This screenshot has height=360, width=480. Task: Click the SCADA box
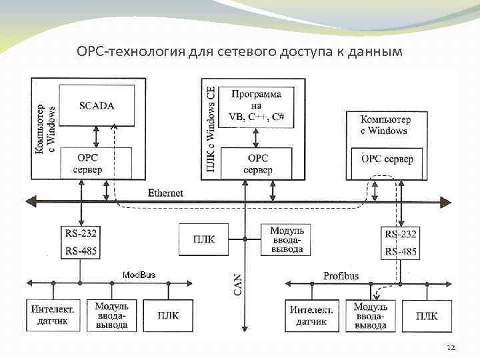[x=97, y=105]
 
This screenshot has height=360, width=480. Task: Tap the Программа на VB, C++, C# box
[x=257, y=105]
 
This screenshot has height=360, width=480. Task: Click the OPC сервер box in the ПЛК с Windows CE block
[x=257, y=164]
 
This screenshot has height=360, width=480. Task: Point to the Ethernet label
[x=165, y=193]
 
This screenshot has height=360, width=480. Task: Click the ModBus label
[x=139, y=275]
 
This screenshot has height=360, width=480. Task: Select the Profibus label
[x=341, y=275]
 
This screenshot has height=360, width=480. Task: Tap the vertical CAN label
[x=238, y=283]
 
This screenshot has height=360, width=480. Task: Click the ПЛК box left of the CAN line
[x=204, y=239]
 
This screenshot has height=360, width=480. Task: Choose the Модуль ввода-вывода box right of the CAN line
[x=286, y=239]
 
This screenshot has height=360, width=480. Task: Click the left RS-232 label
[x=80, y=233]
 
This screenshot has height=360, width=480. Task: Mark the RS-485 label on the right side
[x=401, y=251]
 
